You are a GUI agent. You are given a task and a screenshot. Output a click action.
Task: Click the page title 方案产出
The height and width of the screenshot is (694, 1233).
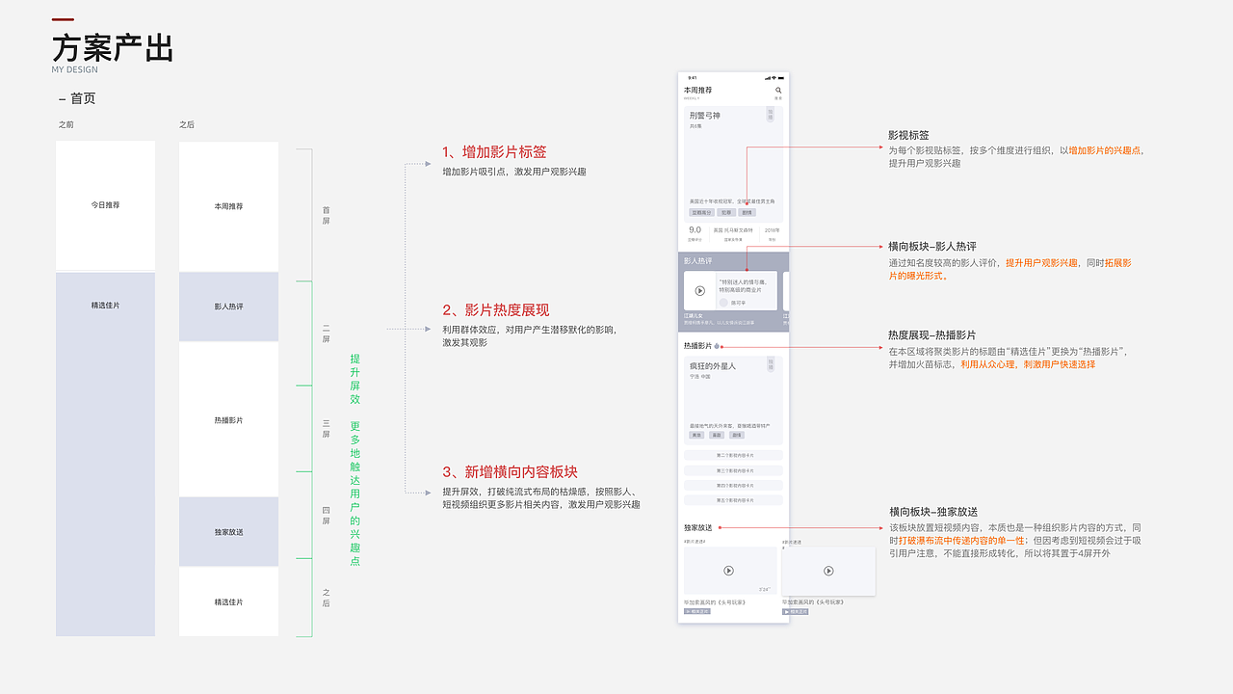click(x=113, y=47)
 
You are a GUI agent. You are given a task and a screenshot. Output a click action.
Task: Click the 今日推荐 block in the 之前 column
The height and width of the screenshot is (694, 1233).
click(x=105, y=205)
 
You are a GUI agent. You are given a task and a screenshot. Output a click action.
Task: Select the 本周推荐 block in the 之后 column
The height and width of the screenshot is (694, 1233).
click(x=228, y=206)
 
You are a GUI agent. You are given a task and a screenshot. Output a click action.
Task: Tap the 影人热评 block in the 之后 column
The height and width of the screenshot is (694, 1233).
click(x=228, y=307)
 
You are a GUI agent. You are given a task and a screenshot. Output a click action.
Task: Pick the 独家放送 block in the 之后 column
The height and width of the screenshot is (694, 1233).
click(x=228, y=532)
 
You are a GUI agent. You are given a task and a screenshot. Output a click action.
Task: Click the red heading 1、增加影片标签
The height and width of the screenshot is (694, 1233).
click(x=494, y=152)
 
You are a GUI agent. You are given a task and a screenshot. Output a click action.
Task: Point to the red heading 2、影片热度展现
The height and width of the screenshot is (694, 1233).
click(x=495, y=310)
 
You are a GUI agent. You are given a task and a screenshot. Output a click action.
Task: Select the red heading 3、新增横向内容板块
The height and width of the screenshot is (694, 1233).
click(x=510, y=471)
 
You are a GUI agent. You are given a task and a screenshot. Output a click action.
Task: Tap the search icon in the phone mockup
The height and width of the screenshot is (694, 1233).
click(x=778, y=91)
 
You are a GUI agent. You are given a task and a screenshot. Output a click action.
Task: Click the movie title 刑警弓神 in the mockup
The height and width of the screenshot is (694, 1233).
click(x=704, y=116)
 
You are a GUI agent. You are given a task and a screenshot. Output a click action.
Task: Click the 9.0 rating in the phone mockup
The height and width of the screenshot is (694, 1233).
click(x=695, y=230)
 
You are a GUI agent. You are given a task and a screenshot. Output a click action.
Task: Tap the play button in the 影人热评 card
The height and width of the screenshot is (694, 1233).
click(x=700, y=291)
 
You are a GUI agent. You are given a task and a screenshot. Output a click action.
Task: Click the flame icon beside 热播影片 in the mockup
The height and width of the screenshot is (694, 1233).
click(x=717, y=346)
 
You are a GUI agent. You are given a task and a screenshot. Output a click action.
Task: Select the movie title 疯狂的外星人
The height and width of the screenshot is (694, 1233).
click(x=712, y=366)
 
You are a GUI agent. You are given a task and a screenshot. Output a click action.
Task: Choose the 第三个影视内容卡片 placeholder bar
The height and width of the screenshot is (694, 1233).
click(x=733, y=470)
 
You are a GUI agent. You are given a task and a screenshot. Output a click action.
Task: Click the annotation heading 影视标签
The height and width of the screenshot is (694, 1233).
click(x=908, y=136)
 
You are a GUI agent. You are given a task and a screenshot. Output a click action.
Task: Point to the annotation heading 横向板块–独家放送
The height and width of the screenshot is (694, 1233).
click(x=932, y=512)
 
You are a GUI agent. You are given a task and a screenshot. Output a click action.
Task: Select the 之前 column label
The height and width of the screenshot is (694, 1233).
click(x=66, y=125)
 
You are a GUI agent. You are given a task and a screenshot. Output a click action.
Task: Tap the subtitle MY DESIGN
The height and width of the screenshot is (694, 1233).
click(x=75, y=69)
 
